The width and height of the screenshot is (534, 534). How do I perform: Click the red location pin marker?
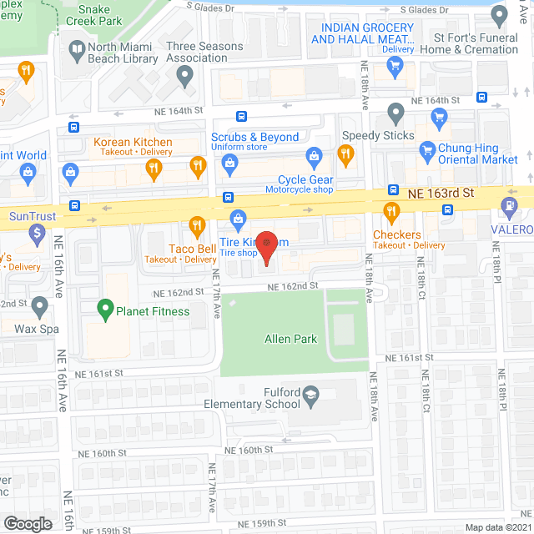tap(266, 244)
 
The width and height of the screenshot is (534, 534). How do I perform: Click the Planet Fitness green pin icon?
tap(106, 311)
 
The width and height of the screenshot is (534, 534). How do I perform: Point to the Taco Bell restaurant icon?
tap(197, 224)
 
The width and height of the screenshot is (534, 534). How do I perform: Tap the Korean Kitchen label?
tap(133, 143)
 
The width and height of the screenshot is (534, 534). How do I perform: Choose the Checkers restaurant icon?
tap(387, 210)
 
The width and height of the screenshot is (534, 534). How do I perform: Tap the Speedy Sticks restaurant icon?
tap(345, 154)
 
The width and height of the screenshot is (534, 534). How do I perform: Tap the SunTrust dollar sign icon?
tap(35, 234)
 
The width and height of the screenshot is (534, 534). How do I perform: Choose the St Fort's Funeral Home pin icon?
tap(500, 16)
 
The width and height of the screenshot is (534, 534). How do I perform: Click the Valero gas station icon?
tap(508, 205)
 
